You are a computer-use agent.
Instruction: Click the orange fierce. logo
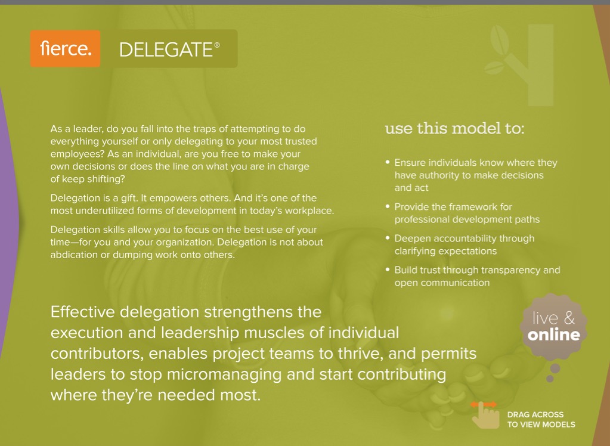(65, 49)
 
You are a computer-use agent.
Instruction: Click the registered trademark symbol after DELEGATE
(217, 45)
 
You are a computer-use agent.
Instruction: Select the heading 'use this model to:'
(454, 128)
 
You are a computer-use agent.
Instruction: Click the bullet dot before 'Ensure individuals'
(388, 162)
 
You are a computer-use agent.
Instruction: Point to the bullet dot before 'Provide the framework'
(388, 206)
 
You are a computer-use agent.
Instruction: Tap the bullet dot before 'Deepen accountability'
(388, 238)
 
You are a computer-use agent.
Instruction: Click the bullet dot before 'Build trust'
(388, 270)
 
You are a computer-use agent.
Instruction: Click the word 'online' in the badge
(553, 335)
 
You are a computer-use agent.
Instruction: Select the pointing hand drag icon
(485, 415)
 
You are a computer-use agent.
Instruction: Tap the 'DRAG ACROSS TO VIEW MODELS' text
(541, 420)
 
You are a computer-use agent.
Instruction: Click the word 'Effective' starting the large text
(82, 312)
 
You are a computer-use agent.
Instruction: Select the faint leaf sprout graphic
(519, 64)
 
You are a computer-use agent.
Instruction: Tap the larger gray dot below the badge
(555, 368)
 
